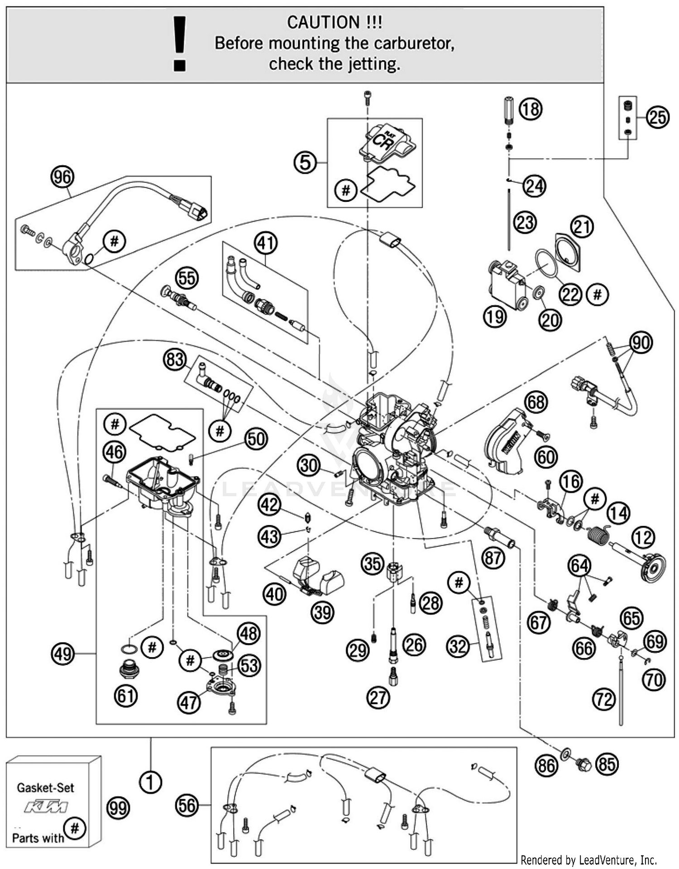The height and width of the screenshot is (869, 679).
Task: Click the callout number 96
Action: pyautogui.click(x=62, y=177)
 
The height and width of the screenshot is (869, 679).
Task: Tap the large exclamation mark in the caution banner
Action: pyautogui.click(x=180, y=43)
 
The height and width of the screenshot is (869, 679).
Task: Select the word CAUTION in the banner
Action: pyautogui.click(x=323, y=22)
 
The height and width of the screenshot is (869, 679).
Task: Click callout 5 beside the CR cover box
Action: pyautogui.click(x=305, y=162)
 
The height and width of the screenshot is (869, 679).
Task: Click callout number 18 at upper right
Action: pyautogui.click(x=530, y=109)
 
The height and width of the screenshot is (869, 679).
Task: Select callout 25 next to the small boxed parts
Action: pyautogui.click(x=657, y=118)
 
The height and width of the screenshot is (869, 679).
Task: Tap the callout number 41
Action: pyautogui.click(x=265, y=243)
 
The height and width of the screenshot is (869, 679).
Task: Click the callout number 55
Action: pyautogui.click(x=187, y=277)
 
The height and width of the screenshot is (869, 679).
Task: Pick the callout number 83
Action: pyautogui.click(x=175, y=360)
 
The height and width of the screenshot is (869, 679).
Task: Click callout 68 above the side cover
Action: pyautogui.click(x=536, y=401)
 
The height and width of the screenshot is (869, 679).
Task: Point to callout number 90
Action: pyautogui.click(x=641, y=343)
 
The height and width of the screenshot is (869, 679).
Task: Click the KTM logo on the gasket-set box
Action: pyautogui.click(x=46, y=807)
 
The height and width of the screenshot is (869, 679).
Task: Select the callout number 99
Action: pyautogui.click(x=118, y=808)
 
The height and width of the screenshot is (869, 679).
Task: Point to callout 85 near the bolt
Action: pyautogui.click(x=607, y=764)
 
